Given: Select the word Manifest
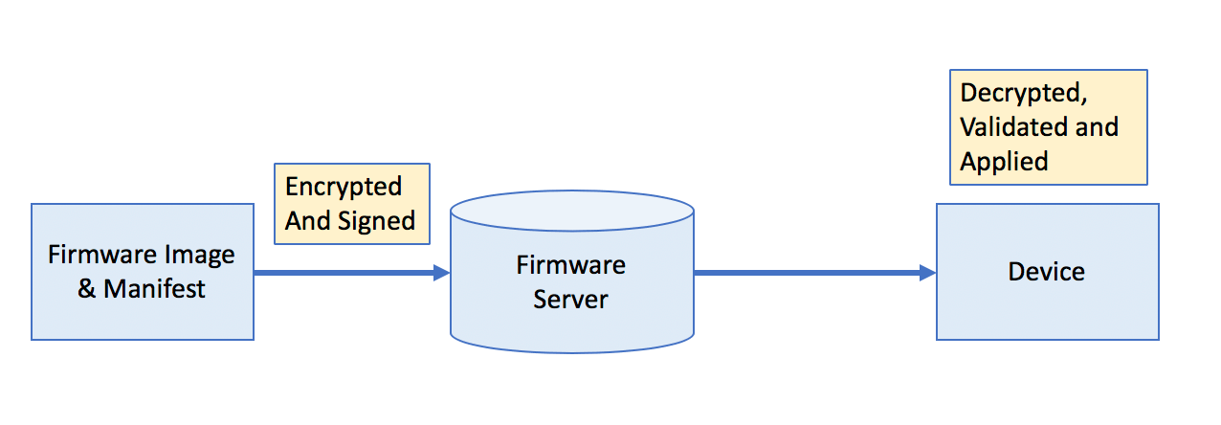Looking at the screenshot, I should pyautogui.click(x=154, y=288).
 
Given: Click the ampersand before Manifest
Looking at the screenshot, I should pyautogui.click(x=87, y=288).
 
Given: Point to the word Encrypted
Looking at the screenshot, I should pyautogui.click(x=344, y=186).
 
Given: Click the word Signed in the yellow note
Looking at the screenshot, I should pyautogui.click(x=377, y=220).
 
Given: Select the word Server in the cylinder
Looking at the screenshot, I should pyautogui.click(x=570, y=299).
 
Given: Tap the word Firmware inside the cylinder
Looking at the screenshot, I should pyautogui.click(x=570, y=265).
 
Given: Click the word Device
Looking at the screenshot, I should pyautogui.click(x=1046, y=272).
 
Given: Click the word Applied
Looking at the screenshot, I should pyautogui.click(x=1004, y=161).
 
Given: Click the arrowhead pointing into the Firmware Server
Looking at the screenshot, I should pyautogui.click(x=441, y=273).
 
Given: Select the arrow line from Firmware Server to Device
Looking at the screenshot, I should pyautogui.click(x=804, y=273).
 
